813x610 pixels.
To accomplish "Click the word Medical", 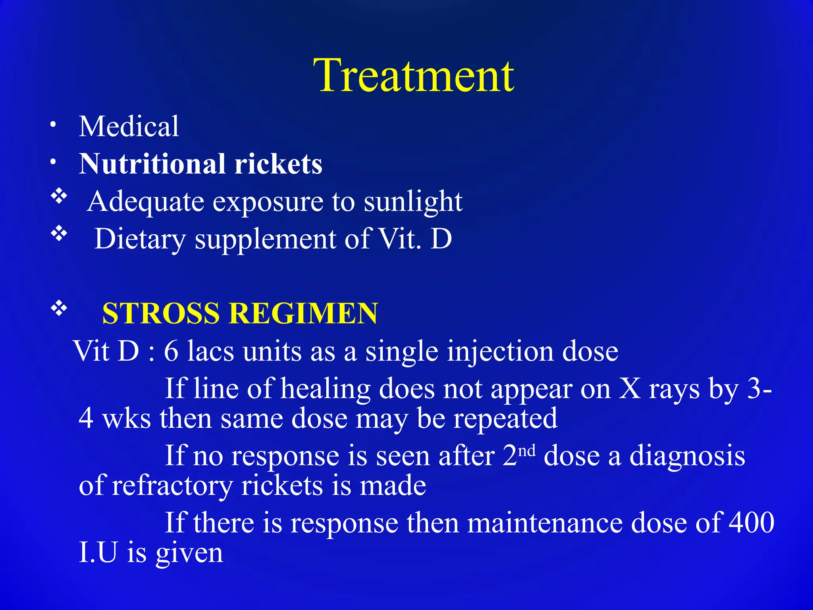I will (x=129, y=126).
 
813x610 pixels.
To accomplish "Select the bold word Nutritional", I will (x=152, y=164).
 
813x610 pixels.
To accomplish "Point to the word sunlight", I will (x=413, y=202).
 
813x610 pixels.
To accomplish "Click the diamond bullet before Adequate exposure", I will (x=59, y=196).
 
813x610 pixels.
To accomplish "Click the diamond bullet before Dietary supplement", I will (x=59, y=234).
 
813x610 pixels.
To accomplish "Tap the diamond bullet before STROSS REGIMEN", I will (x=59, y=308).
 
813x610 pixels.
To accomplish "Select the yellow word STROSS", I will (x=161, y=314).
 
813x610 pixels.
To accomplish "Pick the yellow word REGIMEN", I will (x=304, y=314).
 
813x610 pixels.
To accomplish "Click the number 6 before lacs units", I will (x=171, y=351).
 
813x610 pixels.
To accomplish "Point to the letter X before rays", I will (x=630, y=388).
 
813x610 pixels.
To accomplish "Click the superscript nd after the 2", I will (x=527, y=451).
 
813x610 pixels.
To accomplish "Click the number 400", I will (x=752, y=523).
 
